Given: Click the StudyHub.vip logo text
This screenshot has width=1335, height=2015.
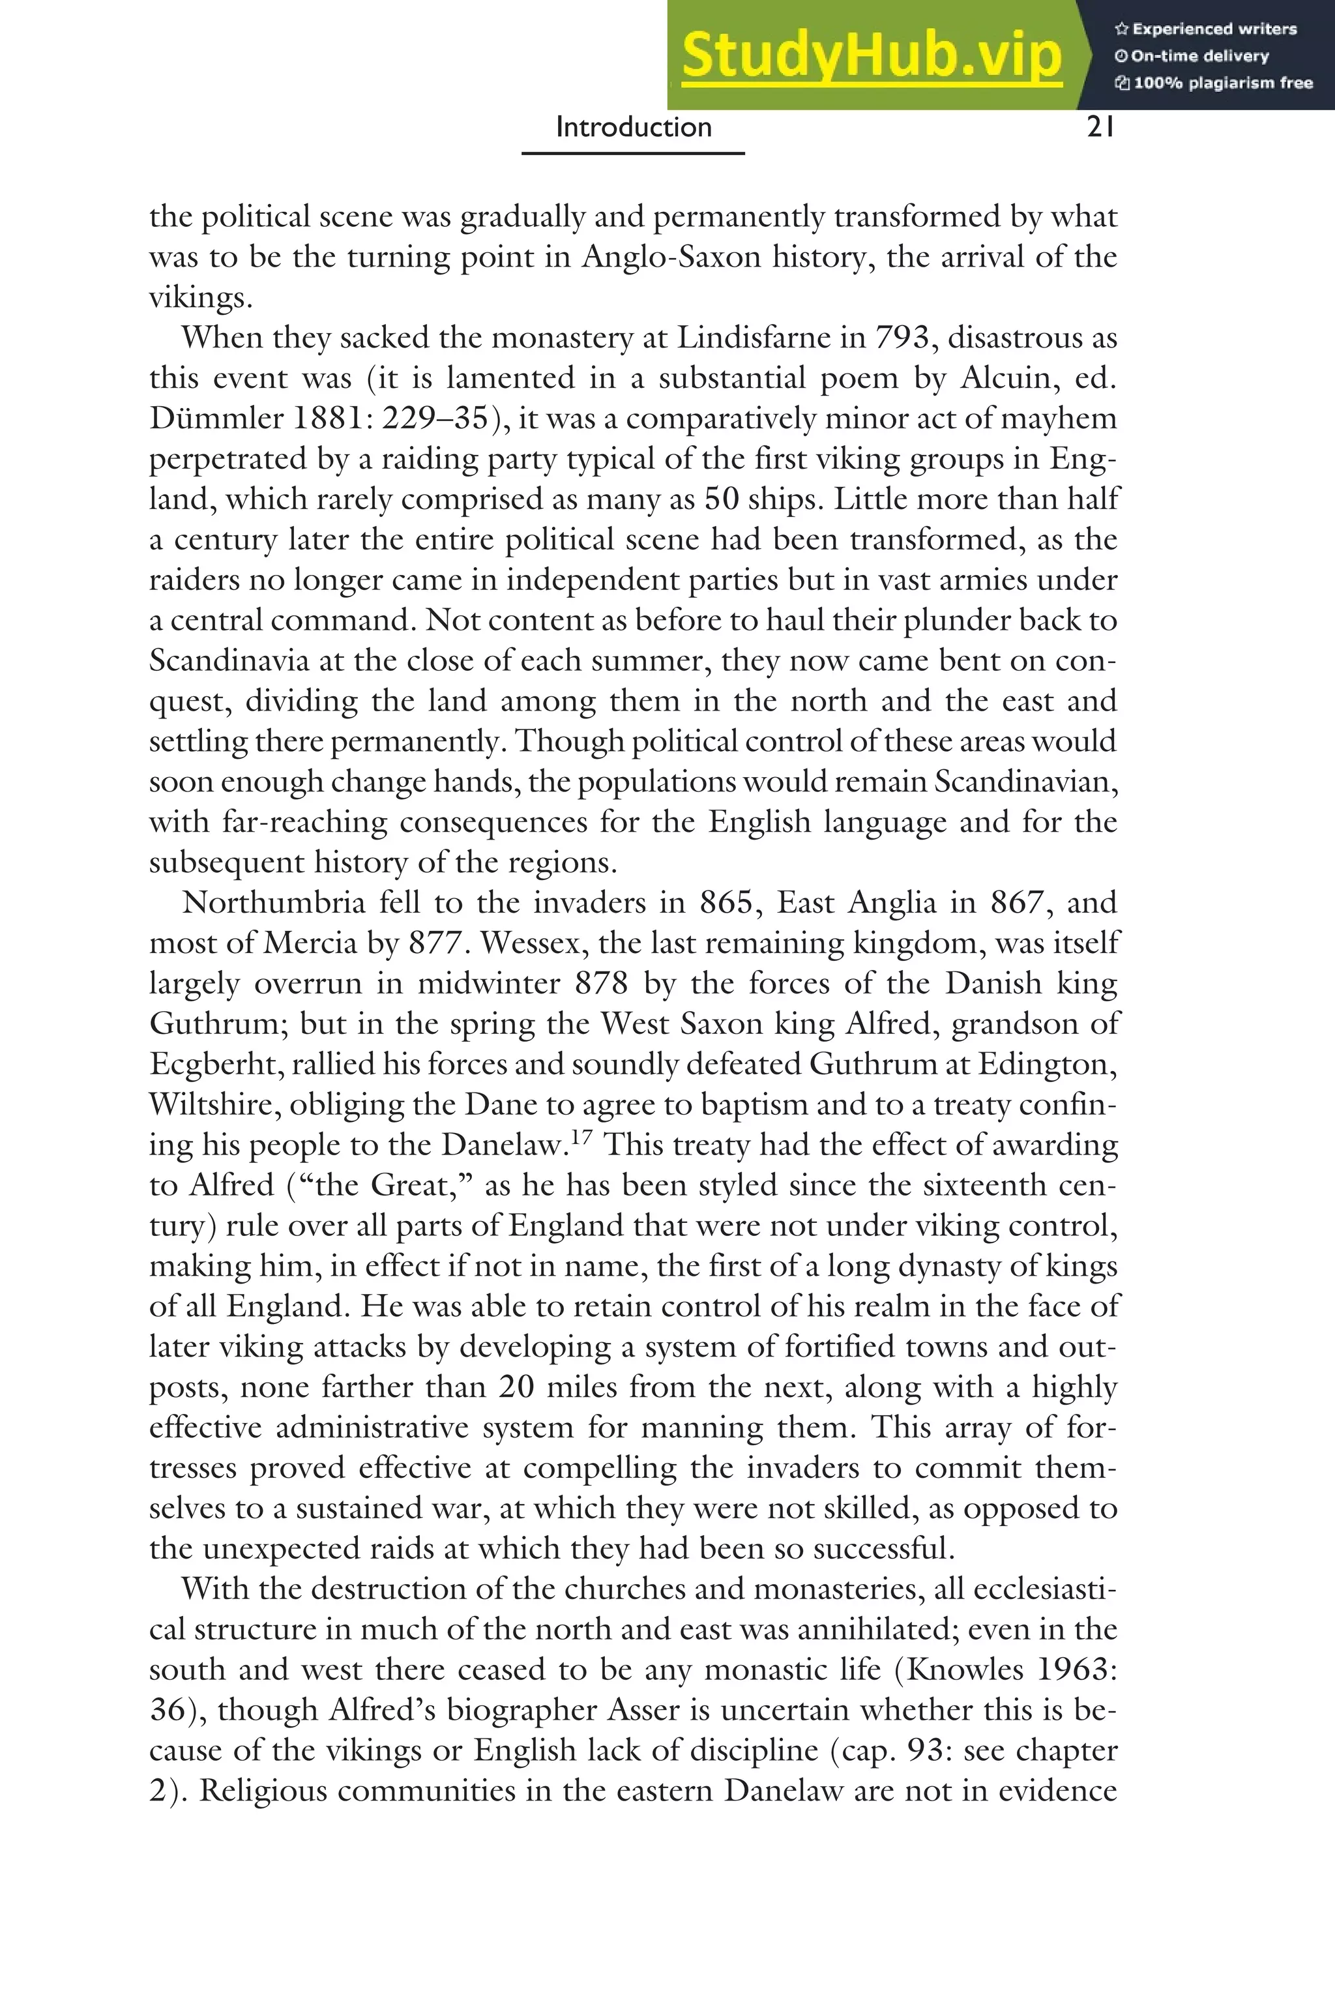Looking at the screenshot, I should pos(871,55).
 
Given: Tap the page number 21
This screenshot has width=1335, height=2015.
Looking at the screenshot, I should pos(1100,128).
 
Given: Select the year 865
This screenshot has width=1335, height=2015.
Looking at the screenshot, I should pos(726,902).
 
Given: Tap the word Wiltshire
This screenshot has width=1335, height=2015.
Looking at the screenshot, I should pos(214,1104).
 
